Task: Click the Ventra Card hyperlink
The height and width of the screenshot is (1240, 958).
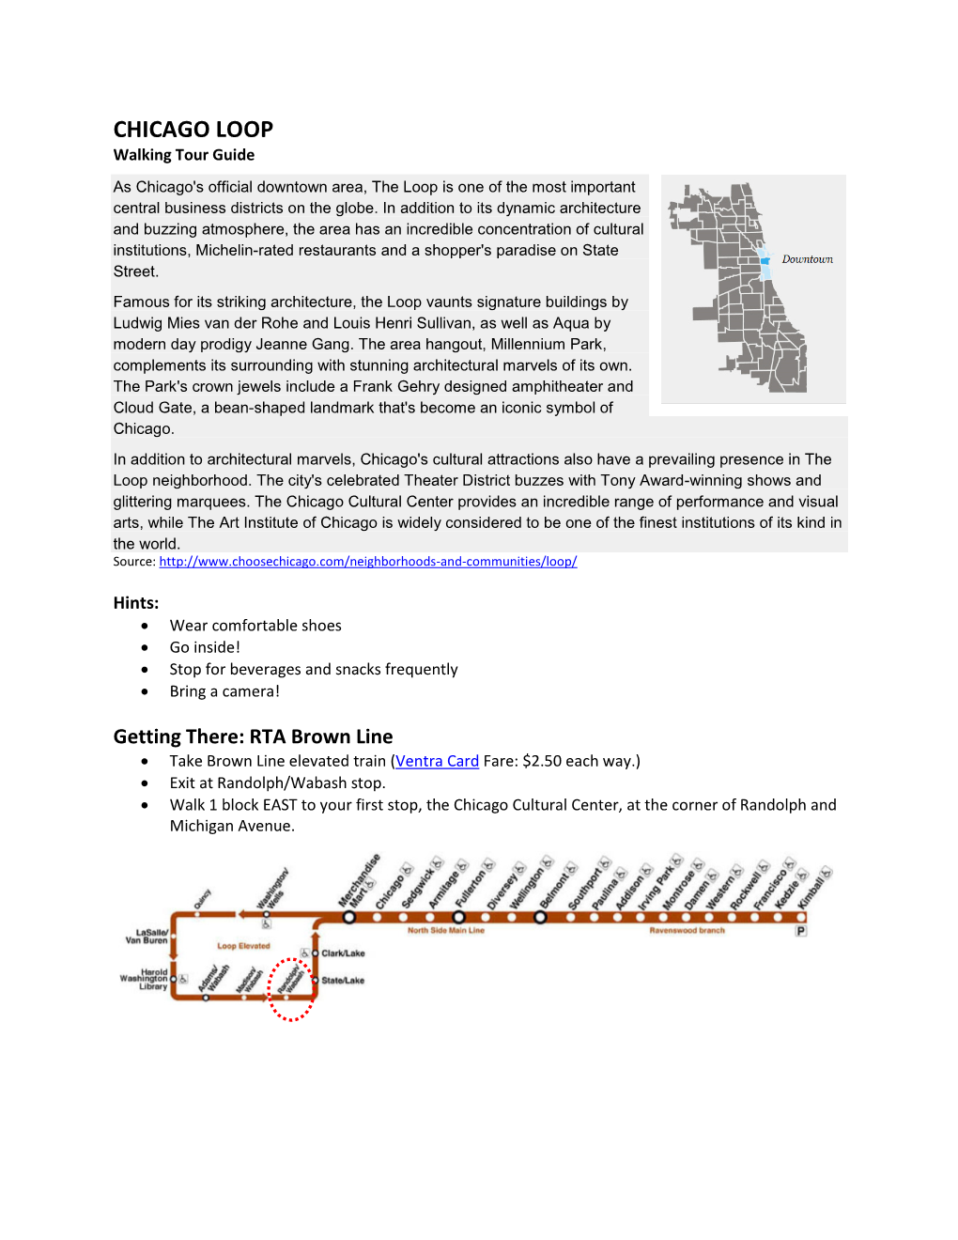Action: click(437, 761)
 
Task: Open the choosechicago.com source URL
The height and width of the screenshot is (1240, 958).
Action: click(367, 562)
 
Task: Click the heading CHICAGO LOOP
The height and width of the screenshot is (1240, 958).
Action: click(193, 130)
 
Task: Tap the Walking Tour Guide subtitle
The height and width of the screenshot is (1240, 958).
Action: click(183, 155)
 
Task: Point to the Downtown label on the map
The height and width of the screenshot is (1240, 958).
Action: click(807, 259)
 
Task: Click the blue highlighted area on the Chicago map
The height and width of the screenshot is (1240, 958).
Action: click(765, 264)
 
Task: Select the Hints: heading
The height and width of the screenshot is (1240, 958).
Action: click(135, 603)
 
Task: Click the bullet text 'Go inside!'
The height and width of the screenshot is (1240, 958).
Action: click(205, 647)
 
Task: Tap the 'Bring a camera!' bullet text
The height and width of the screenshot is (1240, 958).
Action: click(224, 691)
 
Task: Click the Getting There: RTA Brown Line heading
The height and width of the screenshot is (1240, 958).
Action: click(253, 736)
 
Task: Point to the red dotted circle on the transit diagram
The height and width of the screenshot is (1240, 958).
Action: click(290, 988)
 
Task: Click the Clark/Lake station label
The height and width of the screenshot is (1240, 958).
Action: click(343, 953)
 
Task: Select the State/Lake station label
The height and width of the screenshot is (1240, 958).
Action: click(343, 981)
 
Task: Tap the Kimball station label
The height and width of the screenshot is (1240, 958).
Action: click(813, 886)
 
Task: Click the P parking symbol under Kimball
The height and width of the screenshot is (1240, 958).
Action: click(801, 931)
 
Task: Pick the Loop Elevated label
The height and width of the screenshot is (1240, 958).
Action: click(243, 946)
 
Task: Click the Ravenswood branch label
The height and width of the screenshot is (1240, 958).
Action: click(687, 931)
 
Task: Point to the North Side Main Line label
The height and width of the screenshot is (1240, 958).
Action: click(445, 931)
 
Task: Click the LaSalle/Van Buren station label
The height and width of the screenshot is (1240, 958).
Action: click(147, 937)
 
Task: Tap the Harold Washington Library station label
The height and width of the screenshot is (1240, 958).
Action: click(145, 979)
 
